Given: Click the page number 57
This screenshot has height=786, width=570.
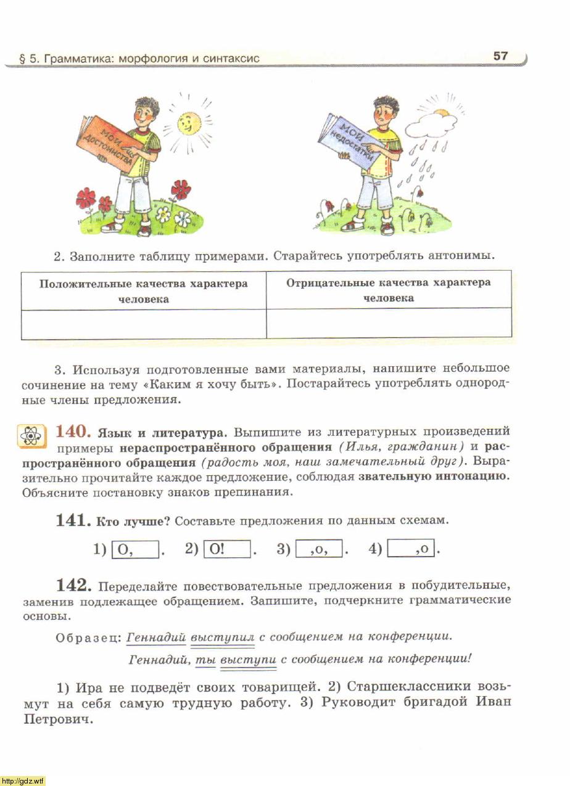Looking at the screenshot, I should [x=500, y=56].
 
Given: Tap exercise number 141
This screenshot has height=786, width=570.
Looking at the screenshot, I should [x=73, y=520].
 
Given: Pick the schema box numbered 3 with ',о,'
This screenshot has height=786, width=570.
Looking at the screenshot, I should [x=320, y=548].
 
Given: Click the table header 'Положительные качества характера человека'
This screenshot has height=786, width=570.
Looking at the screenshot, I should [x=144, y=291].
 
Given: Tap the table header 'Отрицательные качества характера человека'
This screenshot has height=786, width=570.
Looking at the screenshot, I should [x=389, y=290].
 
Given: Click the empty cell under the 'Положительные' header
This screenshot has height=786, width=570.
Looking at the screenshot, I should [x=144, y=324].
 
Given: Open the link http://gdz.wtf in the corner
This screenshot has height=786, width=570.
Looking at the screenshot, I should [x=23, y=781].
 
